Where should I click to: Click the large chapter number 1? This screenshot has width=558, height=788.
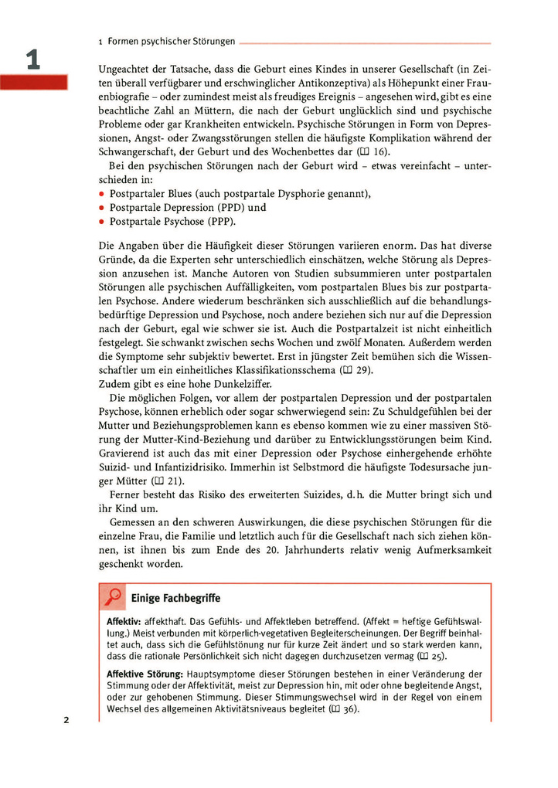[32, 60]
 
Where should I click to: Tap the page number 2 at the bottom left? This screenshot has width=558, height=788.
[66, 720]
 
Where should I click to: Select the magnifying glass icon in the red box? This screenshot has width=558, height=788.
[113, 596]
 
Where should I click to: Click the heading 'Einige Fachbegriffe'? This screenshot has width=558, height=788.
[175, 597]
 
